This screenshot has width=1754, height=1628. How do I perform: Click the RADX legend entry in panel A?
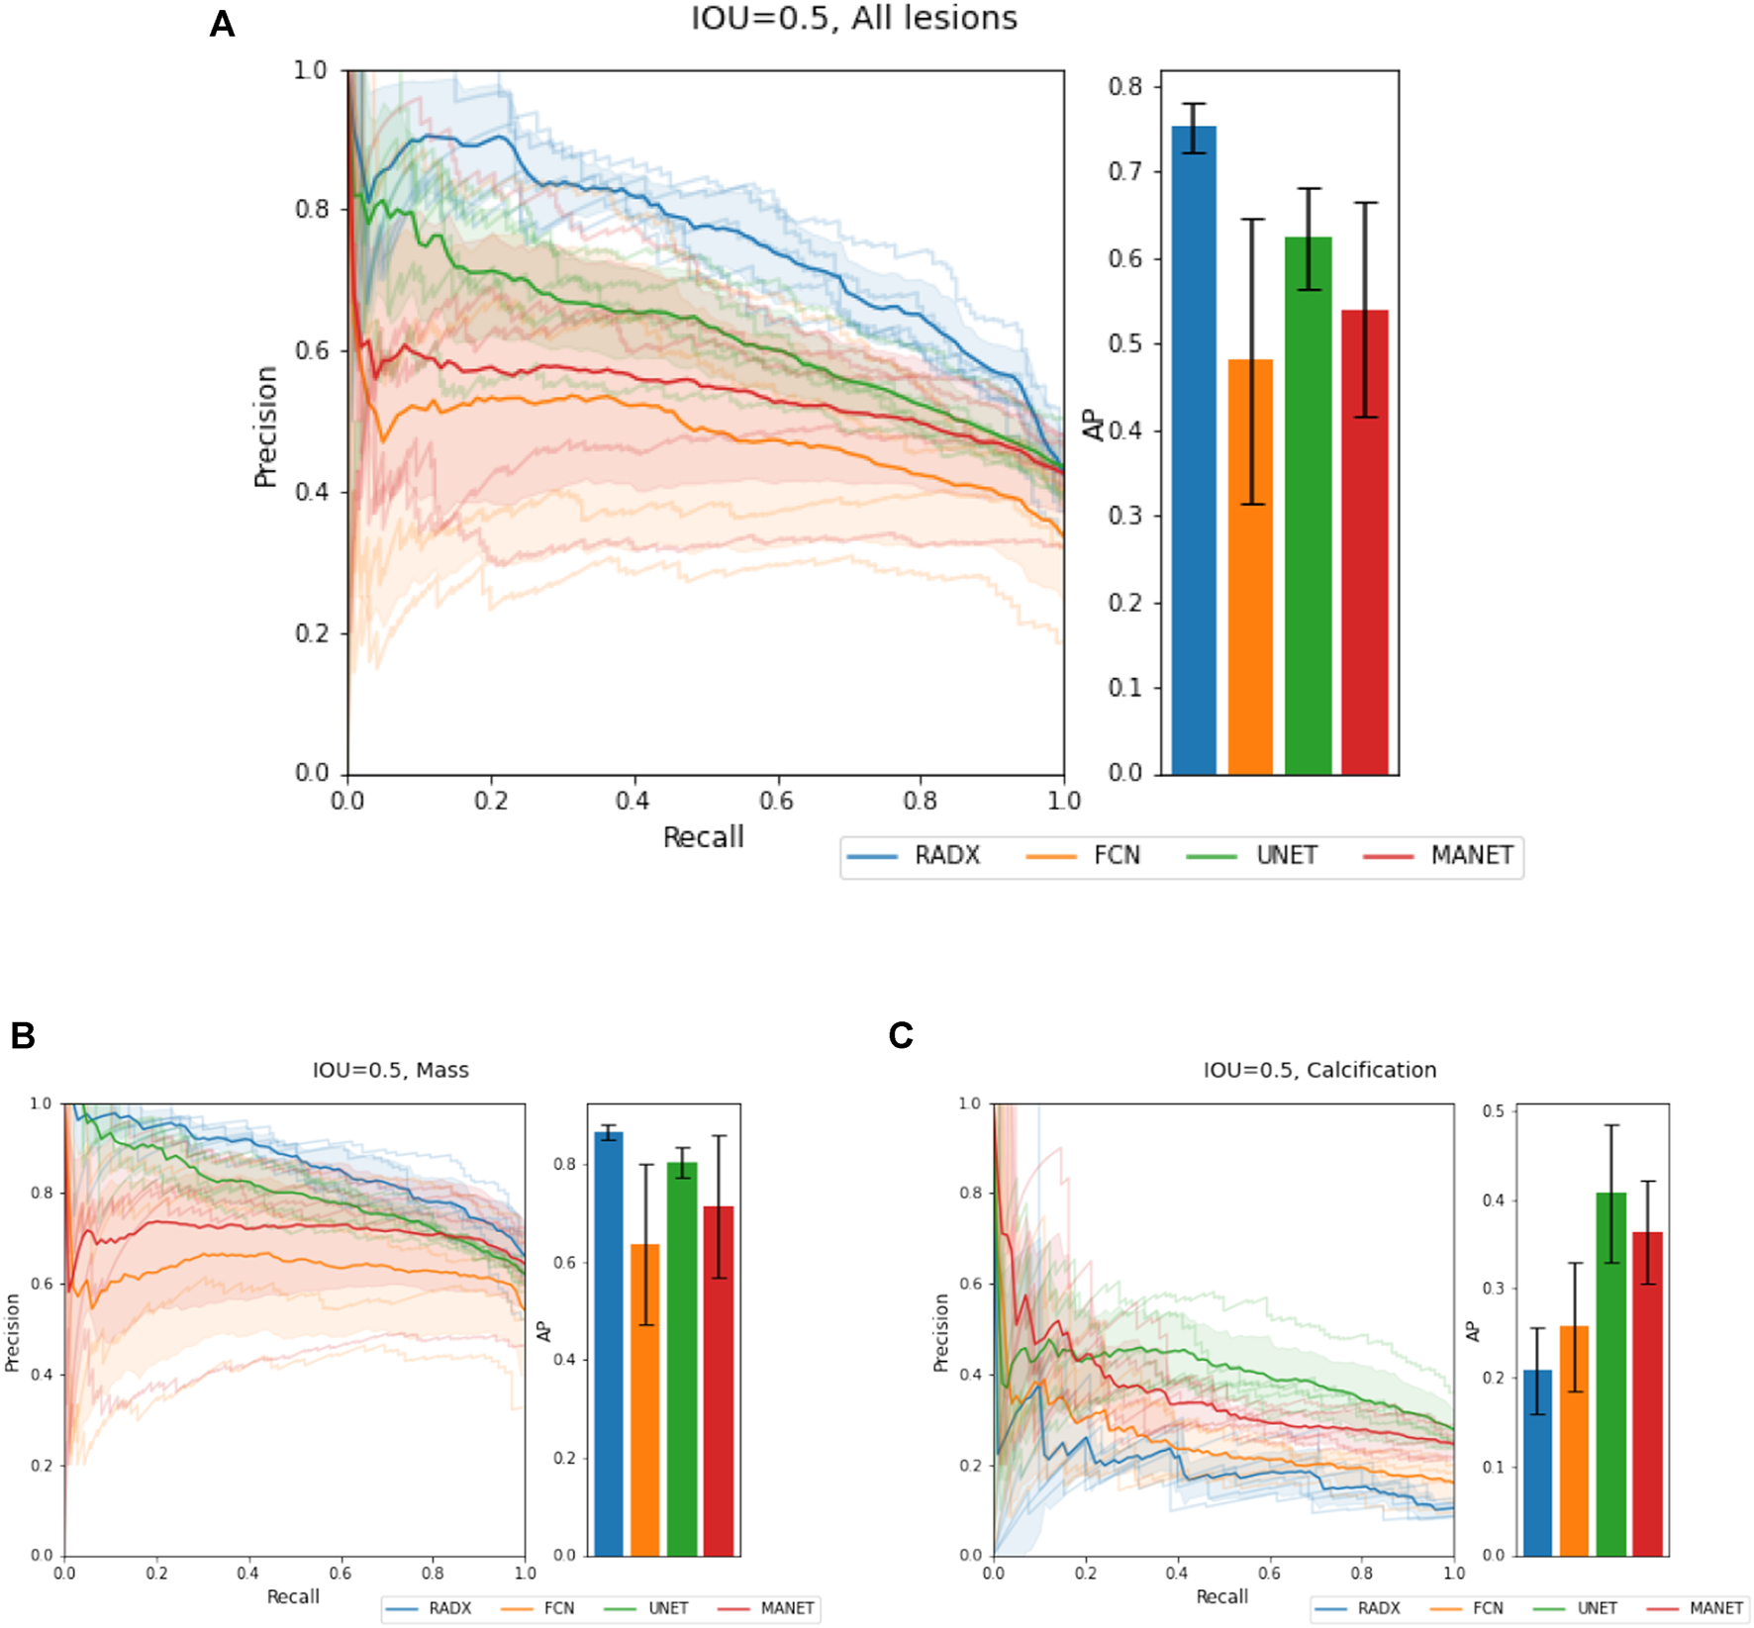click(946, 856)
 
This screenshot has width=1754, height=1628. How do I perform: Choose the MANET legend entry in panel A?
click(1471, 856)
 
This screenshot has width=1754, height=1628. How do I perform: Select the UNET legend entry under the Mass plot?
click(668, 1608)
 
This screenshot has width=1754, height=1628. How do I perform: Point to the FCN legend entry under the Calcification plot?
click(1488, 1608)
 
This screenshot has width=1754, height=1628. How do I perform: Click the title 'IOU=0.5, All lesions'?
click(854, 19)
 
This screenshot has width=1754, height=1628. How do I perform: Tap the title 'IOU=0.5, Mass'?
click(391, 1070)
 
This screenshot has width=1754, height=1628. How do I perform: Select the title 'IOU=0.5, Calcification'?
click(1319, 1070)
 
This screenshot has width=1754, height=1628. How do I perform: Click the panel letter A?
click(222, 24)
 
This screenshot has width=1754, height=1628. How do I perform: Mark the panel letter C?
click(901, 1035)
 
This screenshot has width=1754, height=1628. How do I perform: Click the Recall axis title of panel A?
click(703, 837)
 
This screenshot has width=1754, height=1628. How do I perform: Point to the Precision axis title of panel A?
click(265, 427)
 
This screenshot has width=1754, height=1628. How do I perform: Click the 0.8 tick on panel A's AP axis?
click(1125, 87)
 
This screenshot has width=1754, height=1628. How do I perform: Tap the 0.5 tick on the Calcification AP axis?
click(1494, 1111)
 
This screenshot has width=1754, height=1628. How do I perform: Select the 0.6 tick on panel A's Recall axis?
click(777, 801)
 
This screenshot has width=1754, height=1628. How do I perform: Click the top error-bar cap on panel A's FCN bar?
click(1252, 220)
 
